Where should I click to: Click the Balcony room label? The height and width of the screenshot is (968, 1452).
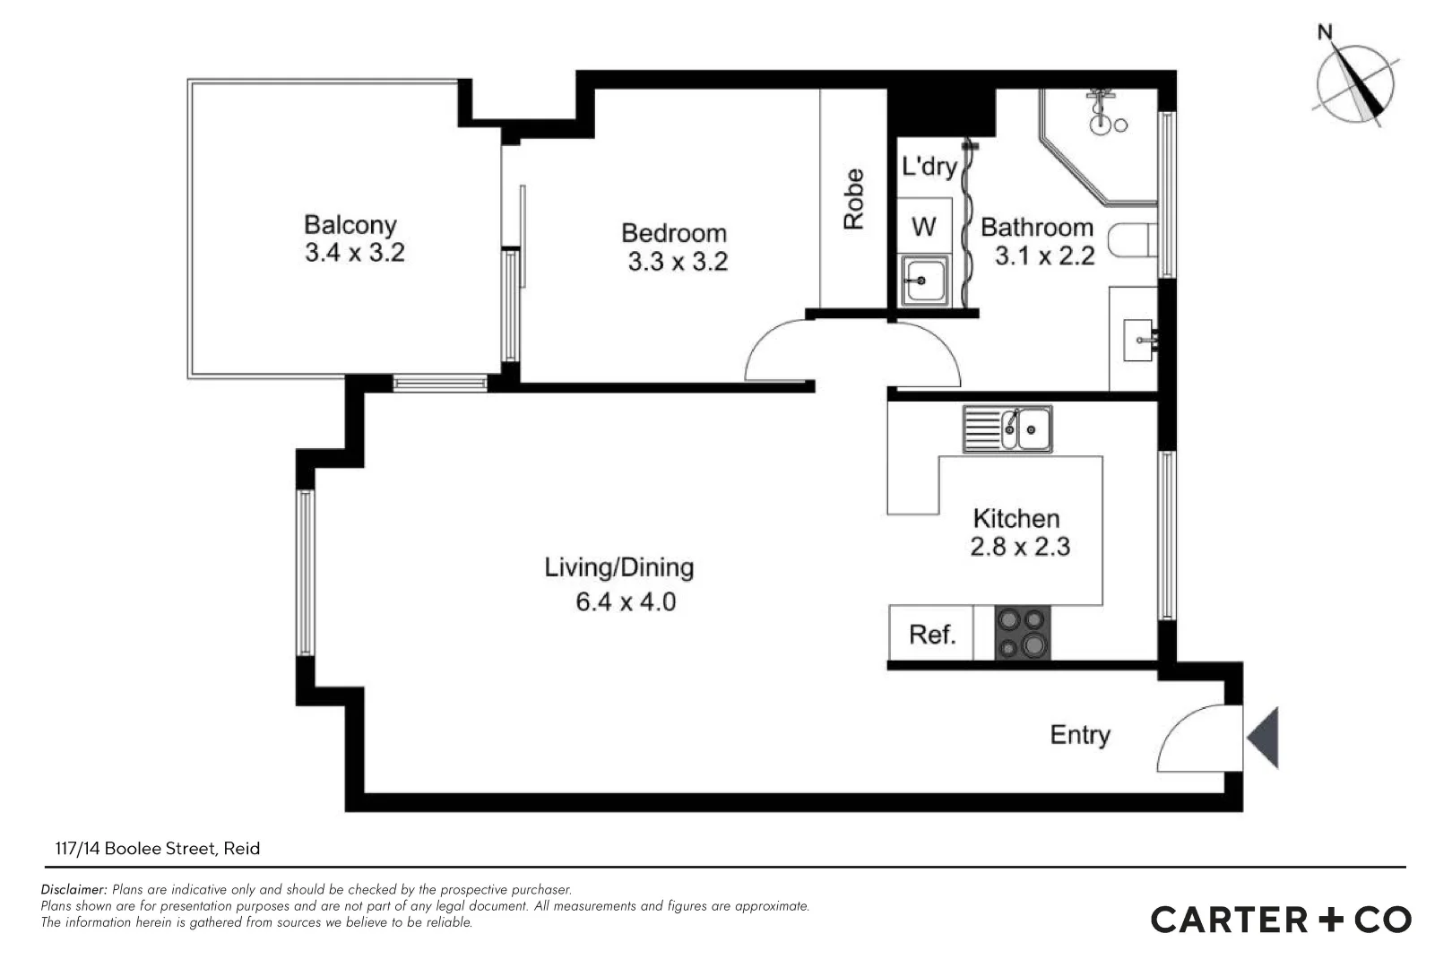tap(350, 224)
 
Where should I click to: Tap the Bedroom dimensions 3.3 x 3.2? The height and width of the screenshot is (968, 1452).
tap(678, 263)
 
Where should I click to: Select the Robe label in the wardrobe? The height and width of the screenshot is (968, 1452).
tap(854, 199)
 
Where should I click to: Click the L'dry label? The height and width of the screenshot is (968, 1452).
tap(929, 167)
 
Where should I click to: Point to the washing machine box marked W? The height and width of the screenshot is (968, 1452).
tap(923, 226)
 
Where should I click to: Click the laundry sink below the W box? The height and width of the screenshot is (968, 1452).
tap(924, 280)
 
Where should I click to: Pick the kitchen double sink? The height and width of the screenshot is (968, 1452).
tap(1007, 429)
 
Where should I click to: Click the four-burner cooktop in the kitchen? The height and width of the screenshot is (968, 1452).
tap(1023, 633)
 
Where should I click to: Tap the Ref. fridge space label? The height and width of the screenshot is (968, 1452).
tap(932, 635)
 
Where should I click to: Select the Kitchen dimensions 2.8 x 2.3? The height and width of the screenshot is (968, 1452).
tap(1020, 547)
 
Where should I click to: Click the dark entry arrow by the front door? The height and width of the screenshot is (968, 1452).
tap(1264, 737)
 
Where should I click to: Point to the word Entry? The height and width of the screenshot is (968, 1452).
tap(1080, 735)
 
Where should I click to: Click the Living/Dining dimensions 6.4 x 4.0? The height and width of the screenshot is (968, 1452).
tap(625, 601)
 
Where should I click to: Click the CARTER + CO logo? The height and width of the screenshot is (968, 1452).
tap(1281, 920)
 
